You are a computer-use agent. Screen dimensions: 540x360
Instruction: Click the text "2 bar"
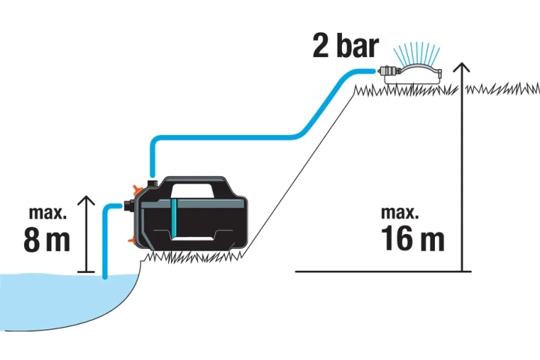pyautogui.click(x=346, y=46)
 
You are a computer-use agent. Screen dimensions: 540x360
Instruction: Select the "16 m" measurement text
pyautogui.click(x=412, y=238)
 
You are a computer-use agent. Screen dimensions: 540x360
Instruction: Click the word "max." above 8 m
pyautogui.click(x=47, y=213)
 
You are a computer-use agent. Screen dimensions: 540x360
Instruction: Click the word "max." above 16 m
pyautogui.click(x=400, y=212)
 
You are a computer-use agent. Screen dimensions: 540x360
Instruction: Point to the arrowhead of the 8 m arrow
pyautogui.click(x=85, y=200)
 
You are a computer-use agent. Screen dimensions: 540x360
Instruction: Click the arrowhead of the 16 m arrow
pyautogui.click(x=461, y=67)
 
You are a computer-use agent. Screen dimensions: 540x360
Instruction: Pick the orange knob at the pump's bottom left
pyautogui.click(x=132, y=240)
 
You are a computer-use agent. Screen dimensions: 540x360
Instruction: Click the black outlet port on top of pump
pyautogui.click(x=151, y=183)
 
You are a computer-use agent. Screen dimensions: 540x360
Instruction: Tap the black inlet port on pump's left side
pyautogui.click(x=128, y=206)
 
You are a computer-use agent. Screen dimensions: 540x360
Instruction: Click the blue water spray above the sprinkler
pyautogui.click(x=417, y=52)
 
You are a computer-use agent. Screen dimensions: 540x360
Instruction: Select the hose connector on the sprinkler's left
pyautogui.click(x=389, y=71)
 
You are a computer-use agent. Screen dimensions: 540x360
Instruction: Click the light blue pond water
pyautogui.click(x=58, y=300)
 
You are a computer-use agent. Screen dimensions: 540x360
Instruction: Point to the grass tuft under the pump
pyautogui.click(x=193, y=257)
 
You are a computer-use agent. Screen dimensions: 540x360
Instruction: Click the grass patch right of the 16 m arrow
pyautogui.click(x=502, y=88)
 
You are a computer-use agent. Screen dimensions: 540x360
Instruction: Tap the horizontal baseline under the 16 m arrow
pyautogui.click(x=383, y=271)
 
